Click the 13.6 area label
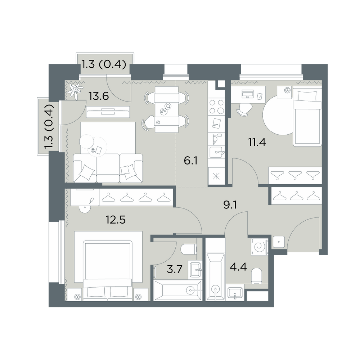[x=99, y=96]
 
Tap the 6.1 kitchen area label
[x=190, y=161]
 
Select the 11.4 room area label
[x=257, y=142]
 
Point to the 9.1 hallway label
[x=230, y=205]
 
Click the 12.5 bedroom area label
[x=116, y=220]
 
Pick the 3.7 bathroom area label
[x=175, y=269]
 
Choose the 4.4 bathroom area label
[x=238, y=267]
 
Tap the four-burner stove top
[x=216, y=107]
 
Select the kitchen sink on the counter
[x=216, y=152]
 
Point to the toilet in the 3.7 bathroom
[x=189, y=249]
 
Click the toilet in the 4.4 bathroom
[x=256, y=276]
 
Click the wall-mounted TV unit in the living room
[x=108, y=112]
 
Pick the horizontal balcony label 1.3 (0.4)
[x=104, y=64]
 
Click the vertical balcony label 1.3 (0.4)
[x=49, y=126]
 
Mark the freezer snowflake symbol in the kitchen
[x=216, y=176]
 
